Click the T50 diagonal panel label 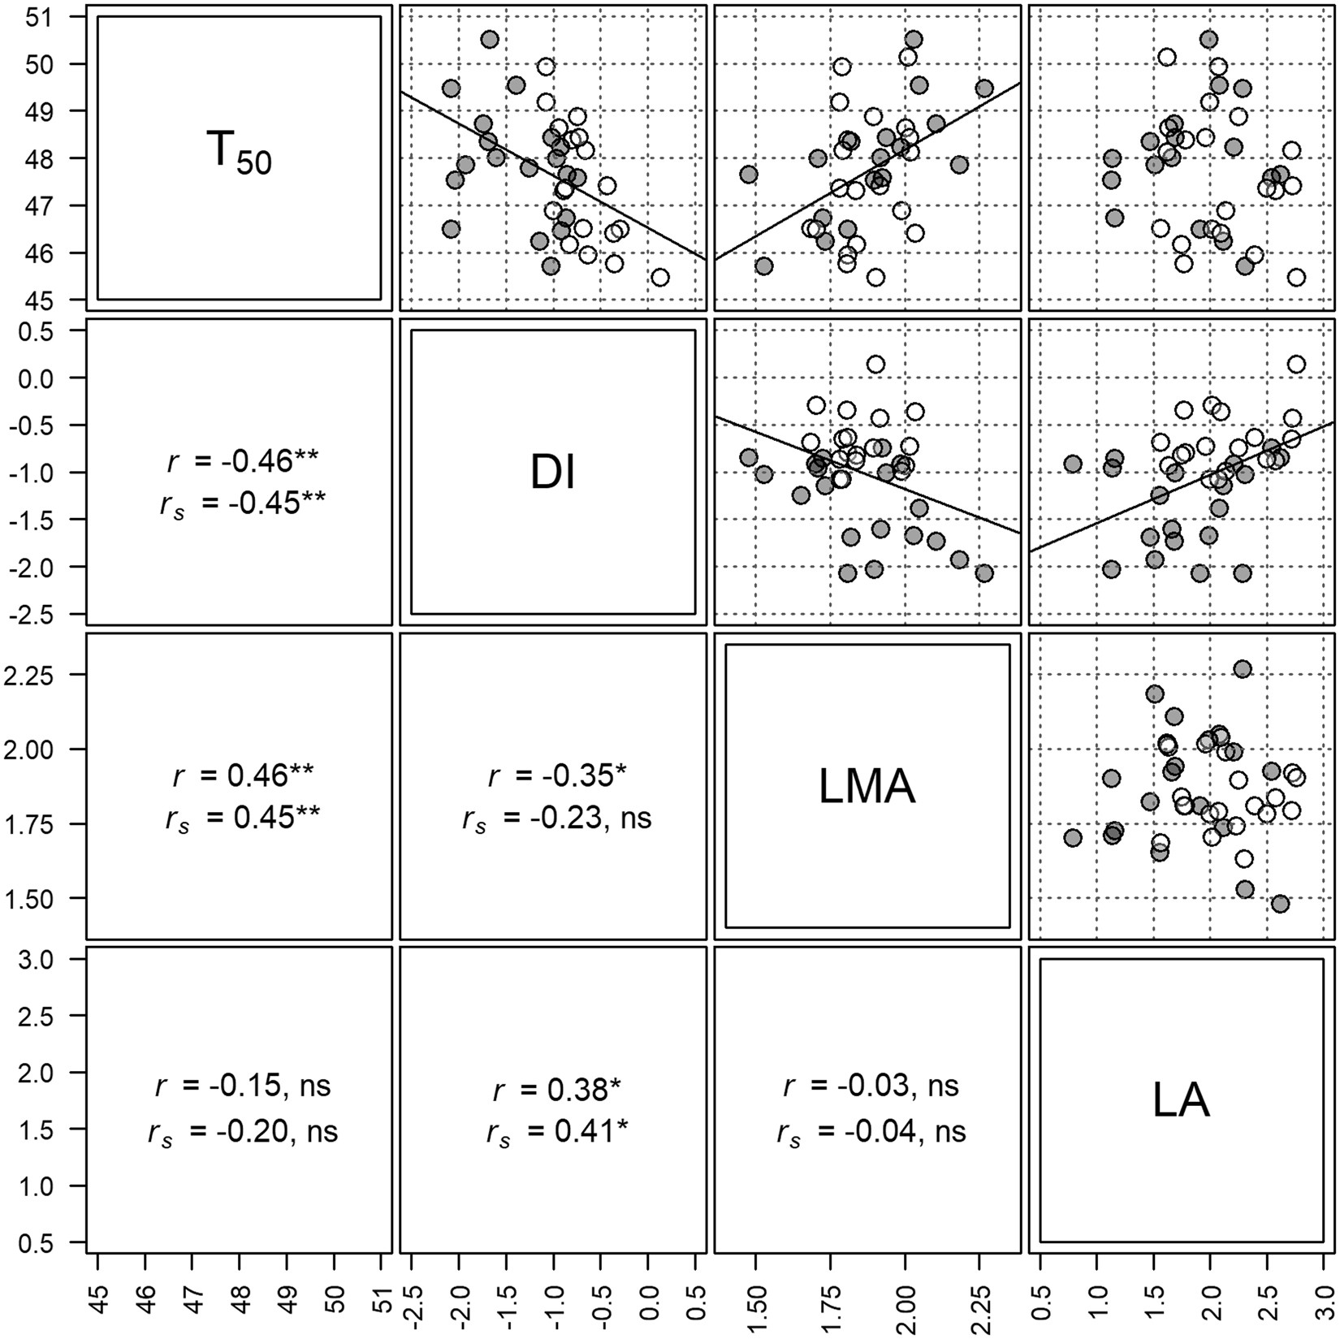point(238,154)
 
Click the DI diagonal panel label point(553,472)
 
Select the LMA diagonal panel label point(867,786)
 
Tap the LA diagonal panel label point(1181,1100)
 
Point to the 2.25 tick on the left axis point(38,674)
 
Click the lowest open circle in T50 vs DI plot point(660,277)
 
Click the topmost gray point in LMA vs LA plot point(1242,668)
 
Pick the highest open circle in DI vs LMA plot point(875,364)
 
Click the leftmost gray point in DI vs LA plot point(1073,464)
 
